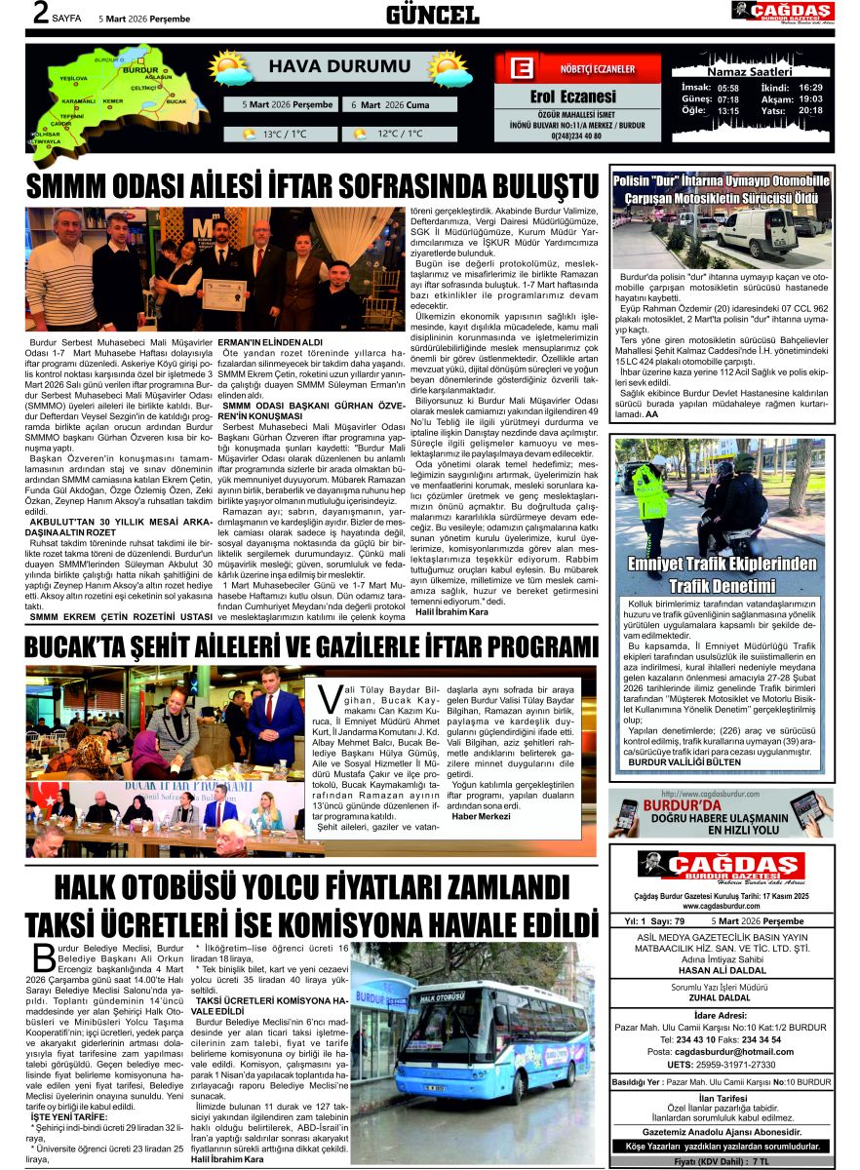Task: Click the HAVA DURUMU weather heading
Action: point(326,66)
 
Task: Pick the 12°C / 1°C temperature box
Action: point(387,135)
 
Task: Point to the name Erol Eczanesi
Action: point(572,96)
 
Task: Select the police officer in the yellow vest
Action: point(651,498)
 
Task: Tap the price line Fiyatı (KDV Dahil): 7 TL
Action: point(723,1162)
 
